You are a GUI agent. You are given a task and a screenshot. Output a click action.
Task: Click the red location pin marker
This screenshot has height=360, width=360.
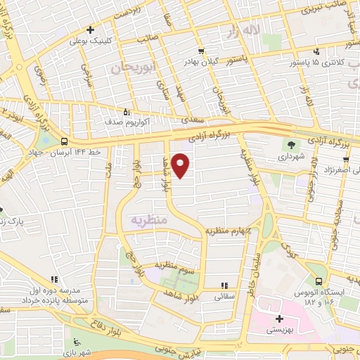(x=180, y=165)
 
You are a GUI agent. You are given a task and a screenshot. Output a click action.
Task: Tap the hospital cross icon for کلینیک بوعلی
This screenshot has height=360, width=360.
(x=90, y=30)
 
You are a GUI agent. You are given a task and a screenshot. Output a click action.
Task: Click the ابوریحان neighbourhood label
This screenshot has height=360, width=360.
(x=131, y=67)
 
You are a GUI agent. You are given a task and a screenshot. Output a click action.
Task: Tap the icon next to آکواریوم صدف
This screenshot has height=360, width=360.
(x=127, y=111)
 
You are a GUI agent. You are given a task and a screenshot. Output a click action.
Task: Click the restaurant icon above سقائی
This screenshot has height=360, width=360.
(x=224, y=285)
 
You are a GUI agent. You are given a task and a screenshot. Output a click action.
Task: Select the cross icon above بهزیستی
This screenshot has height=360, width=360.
(x=280, y=319)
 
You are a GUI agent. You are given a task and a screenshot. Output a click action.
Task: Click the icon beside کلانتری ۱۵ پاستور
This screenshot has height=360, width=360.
(x=317, y=51)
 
